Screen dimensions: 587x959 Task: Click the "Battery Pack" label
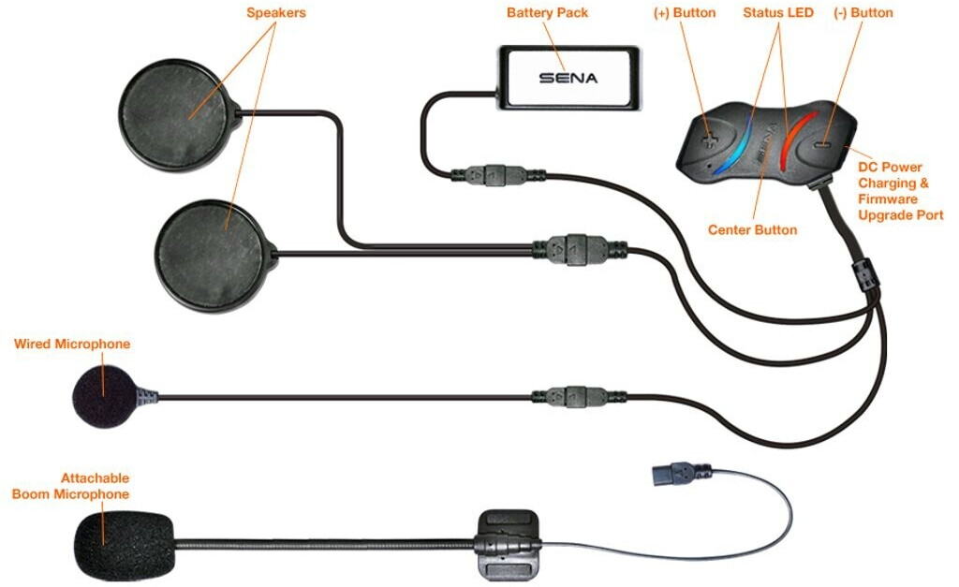[x=546, y=13]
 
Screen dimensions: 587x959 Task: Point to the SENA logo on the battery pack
[x=568, y=79]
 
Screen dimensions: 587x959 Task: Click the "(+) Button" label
[x=684, y=13]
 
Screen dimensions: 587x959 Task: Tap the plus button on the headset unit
[x=709, y=139]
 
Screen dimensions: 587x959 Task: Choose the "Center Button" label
[x=752, y=229]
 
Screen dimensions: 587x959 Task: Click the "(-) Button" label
[x=863, y=13]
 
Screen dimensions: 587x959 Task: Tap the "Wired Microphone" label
[x=72, y=344]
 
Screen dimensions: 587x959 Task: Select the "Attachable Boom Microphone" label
[x=71, y=486]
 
